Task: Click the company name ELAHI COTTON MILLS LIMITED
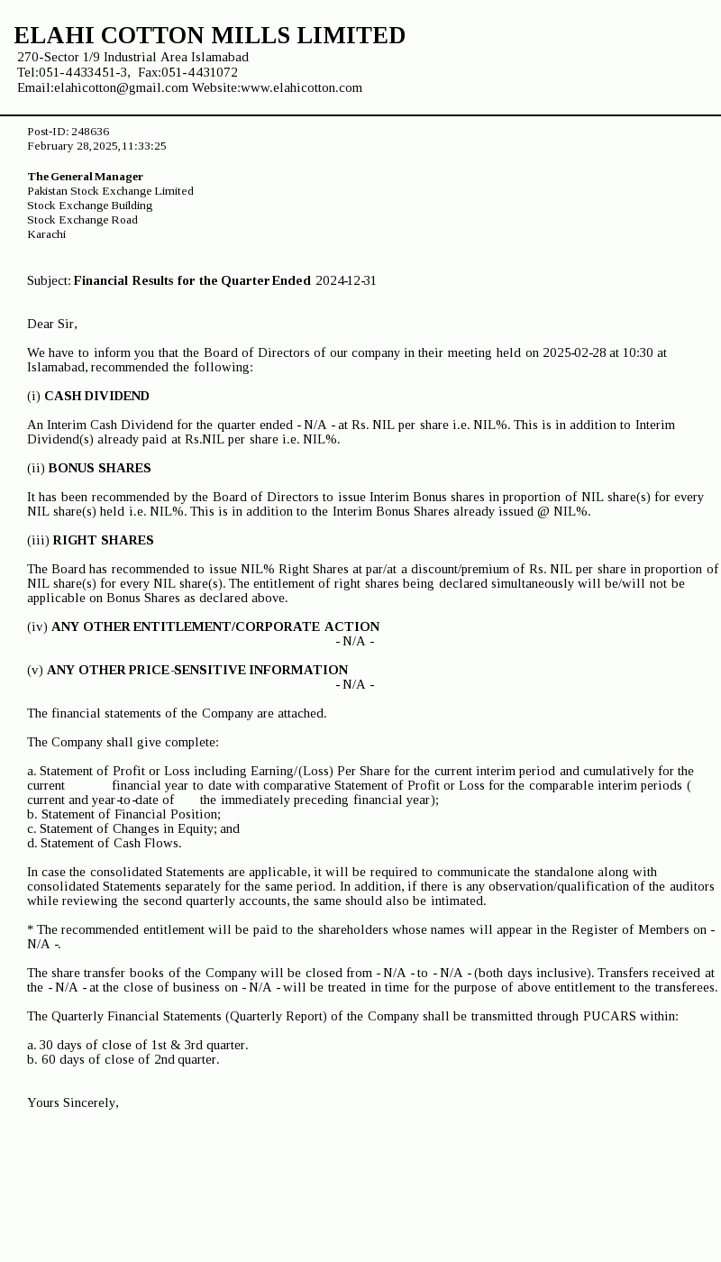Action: coord(209,36)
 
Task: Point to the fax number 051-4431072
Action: coord(199,72)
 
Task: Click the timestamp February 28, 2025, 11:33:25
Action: coord(96,146)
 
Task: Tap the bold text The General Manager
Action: coord(85,177)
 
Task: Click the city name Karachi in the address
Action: coord(46,234)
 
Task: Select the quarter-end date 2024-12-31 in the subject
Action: coord(346,280)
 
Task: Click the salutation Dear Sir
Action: coord(51,324)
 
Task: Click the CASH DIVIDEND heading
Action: coord(96,396)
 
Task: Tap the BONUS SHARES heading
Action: coord(99,468)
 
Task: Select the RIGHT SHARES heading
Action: coord(103,540)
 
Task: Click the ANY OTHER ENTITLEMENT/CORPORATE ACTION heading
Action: coord(215,626)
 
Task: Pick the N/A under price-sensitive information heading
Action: coord(355,684)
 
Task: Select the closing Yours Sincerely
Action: coord(72,1102)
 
